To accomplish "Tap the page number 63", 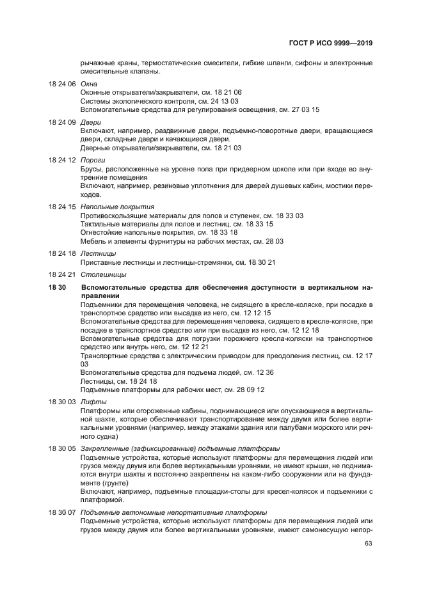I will (x=368, y=544).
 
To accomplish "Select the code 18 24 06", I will (x=62, y=84).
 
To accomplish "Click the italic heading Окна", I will (x=89, y=84).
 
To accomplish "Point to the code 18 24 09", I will (x=62, y=122).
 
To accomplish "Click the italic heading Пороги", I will (x=93, y=159).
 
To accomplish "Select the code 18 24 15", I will (x=62, y=207).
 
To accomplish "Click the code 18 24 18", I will (x=62, y=253).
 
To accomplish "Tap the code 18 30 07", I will (x=62, y=513).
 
